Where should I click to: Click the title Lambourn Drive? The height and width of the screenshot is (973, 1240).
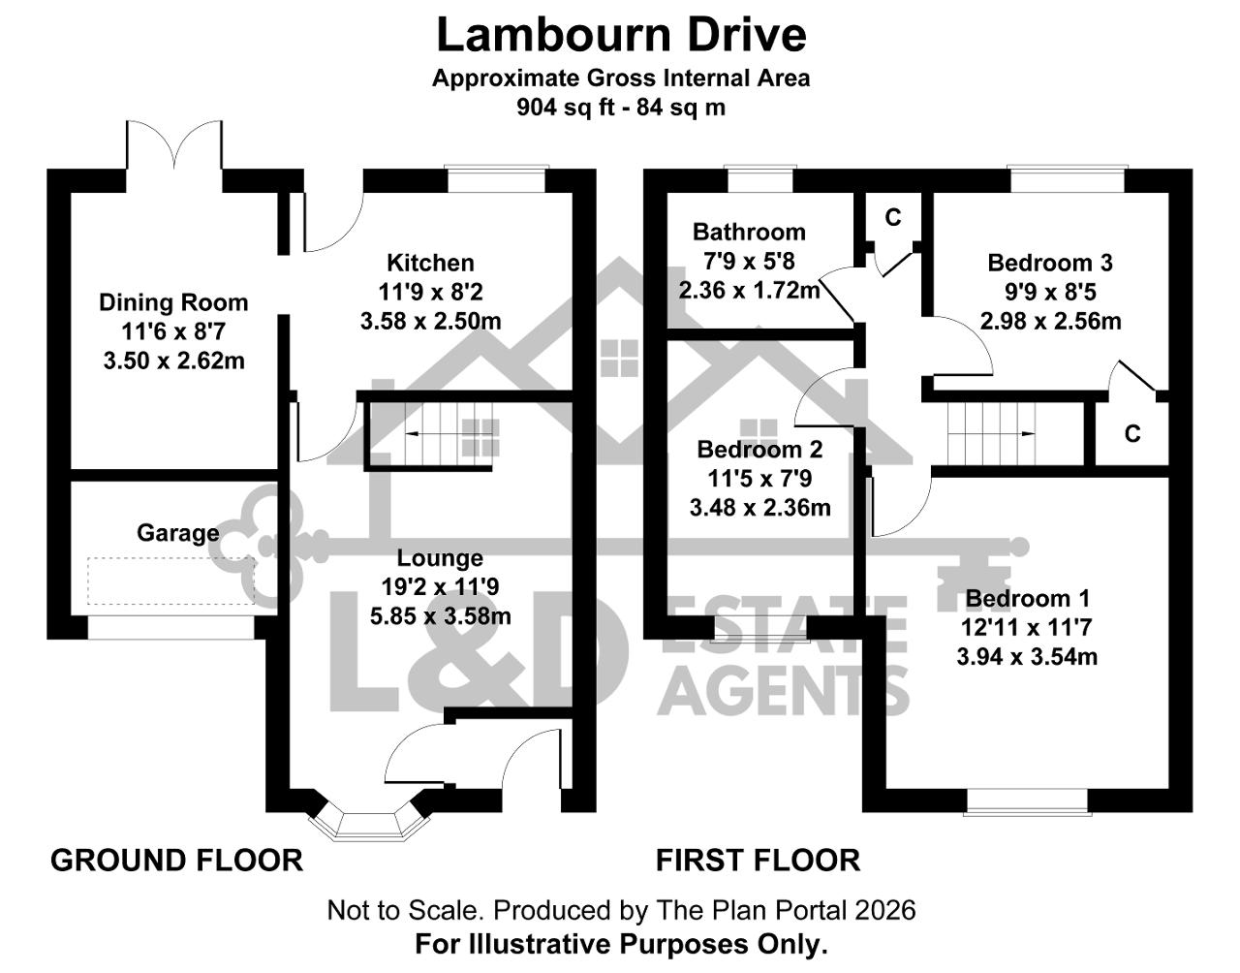[x=621, y=36]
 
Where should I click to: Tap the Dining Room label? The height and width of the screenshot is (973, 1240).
[x=173, y=302]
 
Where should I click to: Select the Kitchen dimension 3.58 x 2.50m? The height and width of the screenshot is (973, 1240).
[x=430, y=322]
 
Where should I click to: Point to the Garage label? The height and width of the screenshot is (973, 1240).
[x=178, y=533]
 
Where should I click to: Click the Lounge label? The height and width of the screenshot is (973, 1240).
[x=440, y=557]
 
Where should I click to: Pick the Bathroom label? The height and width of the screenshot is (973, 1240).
[x=749, y=232]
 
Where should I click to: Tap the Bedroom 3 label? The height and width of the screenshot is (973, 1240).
[x=1050, y=263]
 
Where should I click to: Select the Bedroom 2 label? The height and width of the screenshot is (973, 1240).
[x=759, y=449]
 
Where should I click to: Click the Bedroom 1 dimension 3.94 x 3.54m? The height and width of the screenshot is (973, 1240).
[x=1027, y=657]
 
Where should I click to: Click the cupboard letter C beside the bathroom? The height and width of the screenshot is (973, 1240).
[x=893, y=217]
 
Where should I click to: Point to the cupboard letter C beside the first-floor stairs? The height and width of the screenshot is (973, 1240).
[x=1132, y=434]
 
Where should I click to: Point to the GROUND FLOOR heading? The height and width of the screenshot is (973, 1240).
[x=177, y=861]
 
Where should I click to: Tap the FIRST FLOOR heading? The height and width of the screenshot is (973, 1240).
[x=758, y=861]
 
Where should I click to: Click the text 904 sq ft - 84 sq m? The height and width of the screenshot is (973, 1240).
[x=621, y=108]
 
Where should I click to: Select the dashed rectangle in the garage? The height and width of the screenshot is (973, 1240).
[x=171, y=581]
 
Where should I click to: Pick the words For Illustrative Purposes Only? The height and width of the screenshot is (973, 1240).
[x=621, y=944]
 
